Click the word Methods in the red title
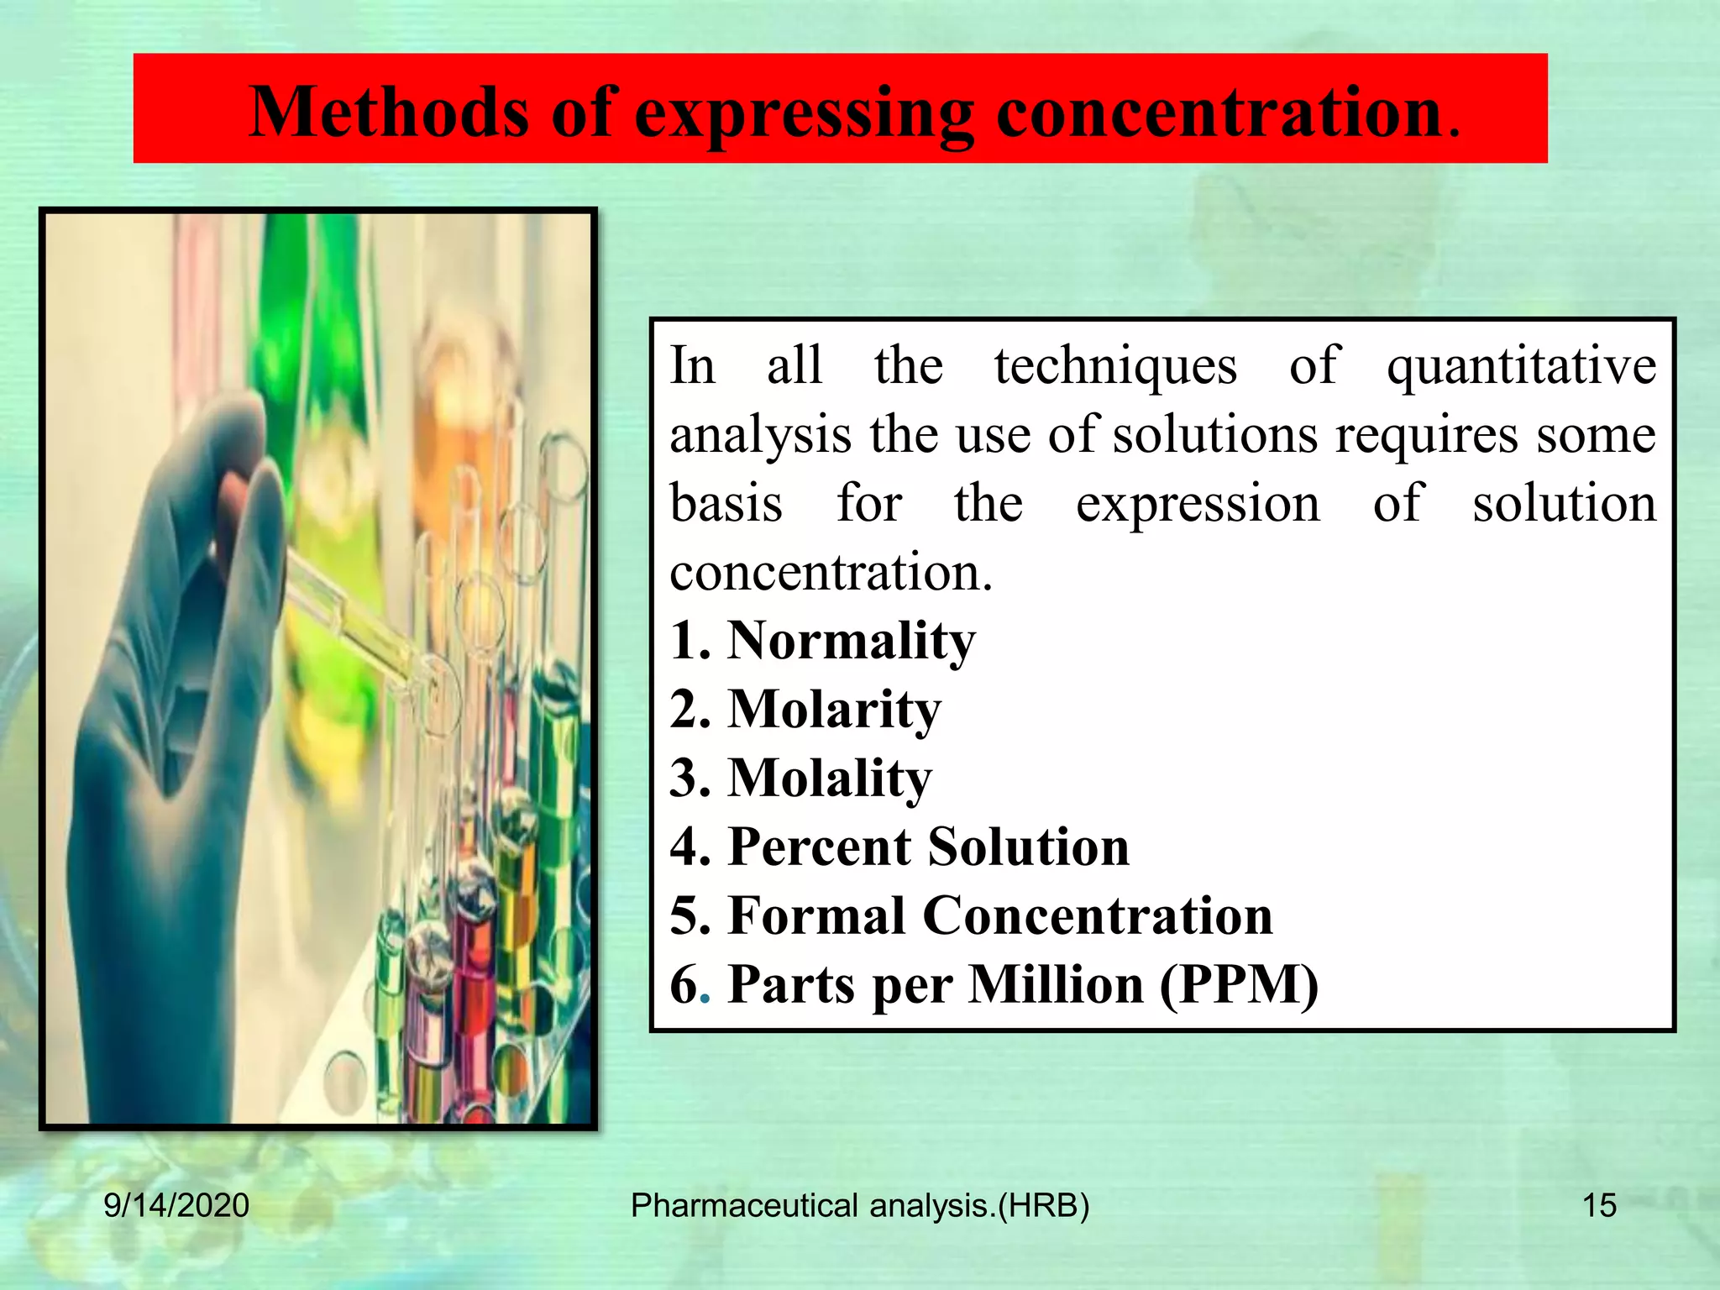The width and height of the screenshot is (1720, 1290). [389, 112]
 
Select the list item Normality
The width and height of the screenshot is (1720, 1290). [851, 641]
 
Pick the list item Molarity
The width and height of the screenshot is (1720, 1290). [834, 711]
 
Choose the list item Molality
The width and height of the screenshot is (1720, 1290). [830, 779]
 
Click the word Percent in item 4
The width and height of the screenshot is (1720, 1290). [819, 847]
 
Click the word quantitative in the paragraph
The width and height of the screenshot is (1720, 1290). [1520, 367]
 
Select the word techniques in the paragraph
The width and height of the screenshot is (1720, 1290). [1115, 367]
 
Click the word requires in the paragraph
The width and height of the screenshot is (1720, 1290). [1426, 436]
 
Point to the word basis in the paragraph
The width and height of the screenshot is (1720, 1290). [726, 505]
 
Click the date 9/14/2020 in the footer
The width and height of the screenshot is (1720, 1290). [176, 1205]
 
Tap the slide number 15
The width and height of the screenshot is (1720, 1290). [1598, 1205]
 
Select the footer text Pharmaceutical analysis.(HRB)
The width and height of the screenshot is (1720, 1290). [860, 1205]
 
